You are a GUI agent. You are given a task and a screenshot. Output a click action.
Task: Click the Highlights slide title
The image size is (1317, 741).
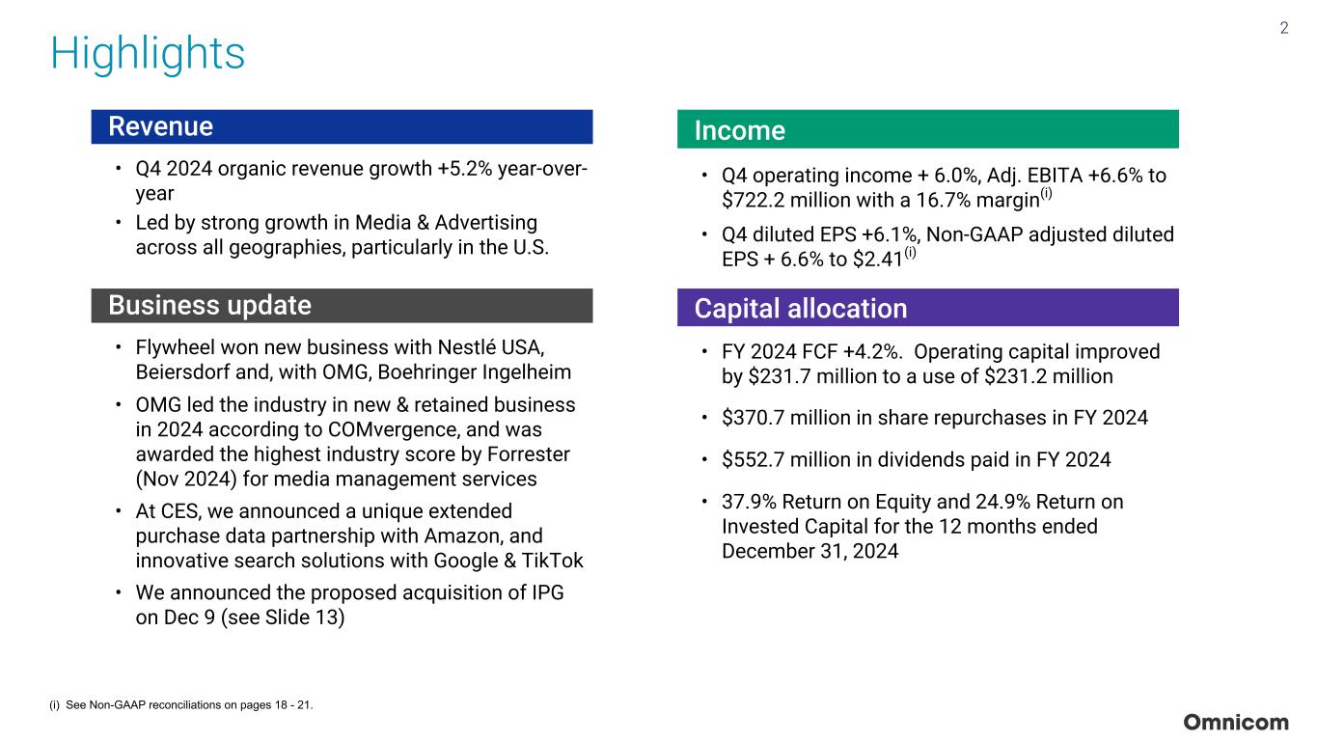(x=148, y=54)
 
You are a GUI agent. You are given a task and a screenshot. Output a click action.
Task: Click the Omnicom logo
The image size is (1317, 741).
(x=1235, y=723)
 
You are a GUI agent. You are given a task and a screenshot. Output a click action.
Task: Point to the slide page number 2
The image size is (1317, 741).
(x=1284, y=28)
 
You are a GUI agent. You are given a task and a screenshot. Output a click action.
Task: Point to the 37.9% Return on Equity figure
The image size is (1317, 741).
(x=749, y=503)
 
